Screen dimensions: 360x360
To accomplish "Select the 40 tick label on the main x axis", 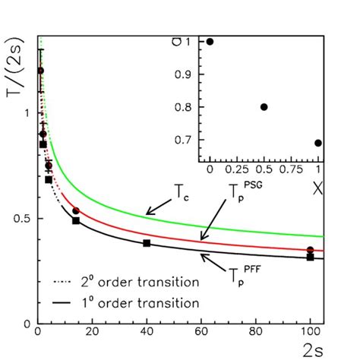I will coord(147,331).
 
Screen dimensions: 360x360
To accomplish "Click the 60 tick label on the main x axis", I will coord(201,331).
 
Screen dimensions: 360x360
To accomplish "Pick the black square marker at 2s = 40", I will coord(147,243).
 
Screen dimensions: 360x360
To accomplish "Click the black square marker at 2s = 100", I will coord(310,257).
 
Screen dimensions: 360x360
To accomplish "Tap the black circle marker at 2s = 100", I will coord(310,250).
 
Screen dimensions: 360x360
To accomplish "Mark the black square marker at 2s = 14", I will coord(76,220).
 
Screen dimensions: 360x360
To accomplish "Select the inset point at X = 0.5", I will coord(264,107).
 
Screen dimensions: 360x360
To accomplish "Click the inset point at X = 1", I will coord(318,143).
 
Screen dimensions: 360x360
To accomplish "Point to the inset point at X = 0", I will coord(210,41).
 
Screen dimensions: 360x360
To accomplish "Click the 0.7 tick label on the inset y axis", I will coord(188,141).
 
